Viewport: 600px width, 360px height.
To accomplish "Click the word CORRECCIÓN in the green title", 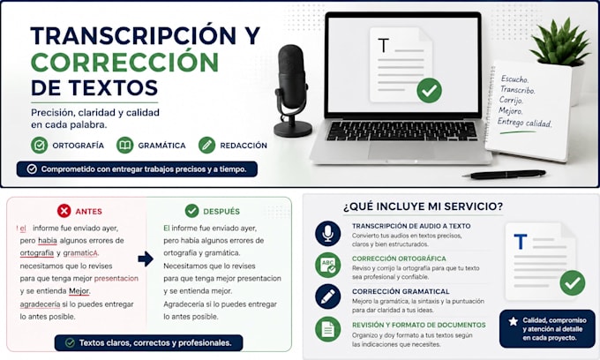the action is click(124, 63).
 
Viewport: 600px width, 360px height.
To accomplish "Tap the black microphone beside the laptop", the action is click(291, 91).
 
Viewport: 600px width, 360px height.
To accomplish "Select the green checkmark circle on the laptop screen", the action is click(429, 90).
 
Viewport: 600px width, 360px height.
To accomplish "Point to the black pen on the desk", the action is click(504, 175).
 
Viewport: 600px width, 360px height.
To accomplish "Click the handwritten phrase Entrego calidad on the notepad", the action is click(525, 123).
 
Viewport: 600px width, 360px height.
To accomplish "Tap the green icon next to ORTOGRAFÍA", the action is click(40, 146).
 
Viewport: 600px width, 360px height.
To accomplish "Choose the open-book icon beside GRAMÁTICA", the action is click(124, 146).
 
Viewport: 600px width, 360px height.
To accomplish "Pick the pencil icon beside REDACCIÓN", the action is click(207, 146).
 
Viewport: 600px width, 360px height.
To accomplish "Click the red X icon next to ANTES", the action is click(64, 211).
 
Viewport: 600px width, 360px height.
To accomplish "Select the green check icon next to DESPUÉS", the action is click(191, 210).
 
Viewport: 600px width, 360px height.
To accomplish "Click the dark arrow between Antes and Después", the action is click(146, 259).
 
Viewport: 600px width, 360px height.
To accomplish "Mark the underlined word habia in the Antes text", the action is click(48, 241).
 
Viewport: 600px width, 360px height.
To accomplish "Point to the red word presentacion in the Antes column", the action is click(116, 279).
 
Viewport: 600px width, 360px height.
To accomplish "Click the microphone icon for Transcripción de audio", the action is click(328, 233).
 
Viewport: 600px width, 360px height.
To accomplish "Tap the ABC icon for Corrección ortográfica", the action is click(328, 265).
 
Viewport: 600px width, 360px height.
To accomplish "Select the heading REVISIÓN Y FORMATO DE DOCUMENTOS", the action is click(419, 325).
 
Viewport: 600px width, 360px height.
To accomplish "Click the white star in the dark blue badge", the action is click(514, 321).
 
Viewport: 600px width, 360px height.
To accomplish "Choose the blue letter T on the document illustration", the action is click(521, 242).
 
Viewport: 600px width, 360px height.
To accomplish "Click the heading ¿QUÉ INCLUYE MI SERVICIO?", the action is click(424, 206).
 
